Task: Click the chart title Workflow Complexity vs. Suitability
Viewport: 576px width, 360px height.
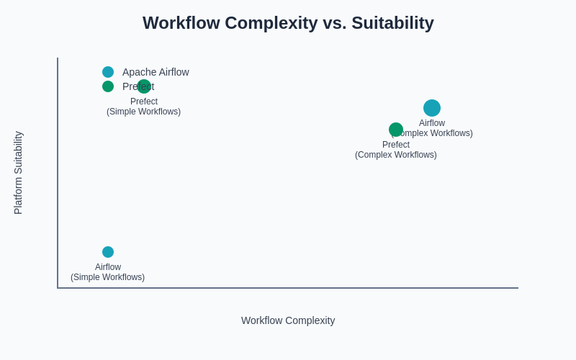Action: [x=288, y=23]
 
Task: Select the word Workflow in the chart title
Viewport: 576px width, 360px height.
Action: [x=181, y=23]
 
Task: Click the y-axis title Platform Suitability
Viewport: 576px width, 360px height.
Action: [x=19, y=173]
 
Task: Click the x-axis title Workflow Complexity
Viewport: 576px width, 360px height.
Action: [x=288, y=320]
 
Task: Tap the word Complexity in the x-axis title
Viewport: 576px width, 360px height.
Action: [x=309, y=320]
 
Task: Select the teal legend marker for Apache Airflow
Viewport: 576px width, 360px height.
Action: [x=108, y=72]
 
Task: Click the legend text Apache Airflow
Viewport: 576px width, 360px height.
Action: [x=156, y=72]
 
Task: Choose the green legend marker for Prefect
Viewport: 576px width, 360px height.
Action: [x=108, y=86]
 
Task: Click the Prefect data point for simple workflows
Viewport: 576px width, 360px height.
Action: [x=144, y=86]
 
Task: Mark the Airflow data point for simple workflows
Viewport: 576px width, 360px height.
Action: [x=108, y=252]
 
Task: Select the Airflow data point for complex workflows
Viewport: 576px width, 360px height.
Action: [x=432, y=108]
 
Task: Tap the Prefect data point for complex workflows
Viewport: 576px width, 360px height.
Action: [x=396, y=130]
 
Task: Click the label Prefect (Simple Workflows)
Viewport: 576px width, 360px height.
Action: [x=144, y=107]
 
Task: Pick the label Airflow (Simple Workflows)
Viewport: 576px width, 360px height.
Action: [x=108, y=272]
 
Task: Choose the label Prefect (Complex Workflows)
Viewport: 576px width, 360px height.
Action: [x=396, y=150]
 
